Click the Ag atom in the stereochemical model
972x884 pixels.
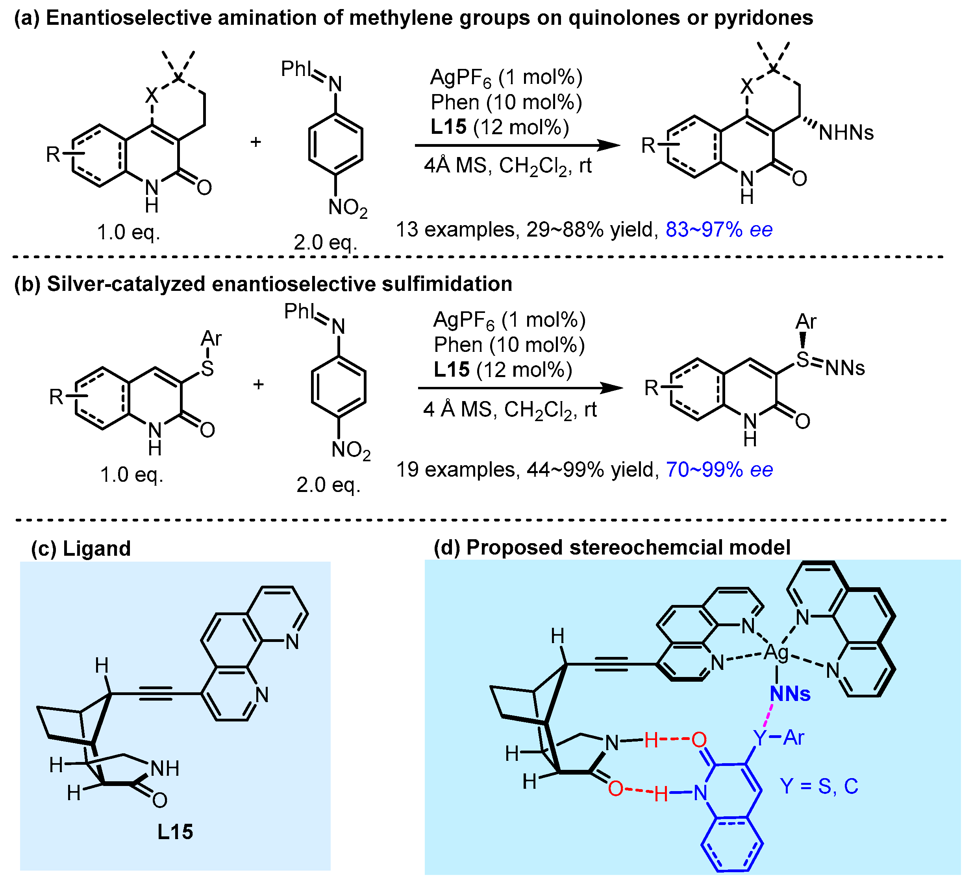pos(777,653)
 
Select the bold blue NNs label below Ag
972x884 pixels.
pos(790,694)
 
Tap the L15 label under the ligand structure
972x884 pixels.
pos(175,832)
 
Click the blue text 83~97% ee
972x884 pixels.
pos(719,229)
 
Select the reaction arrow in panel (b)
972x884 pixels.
pos(520,388)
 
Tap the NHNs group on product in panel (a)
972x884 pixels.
pos(846,133)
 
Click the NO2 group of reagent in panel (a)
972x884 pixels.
pos(347,208)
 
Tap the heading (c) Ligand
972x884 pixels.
pos(81,549)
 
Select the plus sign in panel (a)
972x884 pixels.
pos(255,142)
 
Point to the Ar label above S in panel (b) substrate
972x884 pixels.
pos(211,339)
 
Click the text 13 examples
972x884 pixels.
pos(455,229)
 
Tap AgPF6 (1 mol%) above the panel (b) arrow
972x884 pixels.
pos(509,320)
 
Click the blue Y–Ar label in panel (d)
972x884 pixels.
pos(779,738)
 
